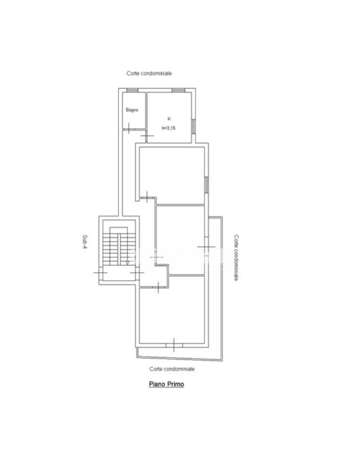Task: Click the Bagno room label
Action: coord(132,110)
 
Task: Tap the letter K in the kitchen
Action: coord(169,119)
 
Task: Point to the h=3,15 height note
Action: coord(169,128)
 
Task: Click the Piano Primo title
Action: coord(166,384)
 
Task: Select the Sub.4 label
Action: coord(85,242)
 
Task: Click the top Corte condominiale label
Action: coord(149,73)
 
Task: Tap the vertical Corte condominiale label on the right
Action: coord(237,258)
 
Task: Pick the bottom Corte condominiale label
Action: coord(172,369)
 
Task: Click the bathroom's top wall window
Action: coord(132,90)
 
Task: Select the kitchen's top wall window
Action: coord(178,90)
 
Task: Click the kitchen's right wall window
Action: coord(193,126)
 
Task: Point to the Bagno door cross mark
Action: coord(129,128)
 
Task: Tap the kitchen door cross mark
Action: coord(147,136)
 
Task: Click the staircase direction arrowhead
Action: coord(128,263)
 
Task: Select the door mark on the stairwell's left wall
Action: coord(100,273)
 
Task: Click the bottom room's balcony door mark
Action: coord(174,345)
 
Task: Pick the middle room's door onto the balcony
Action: coord(206,247)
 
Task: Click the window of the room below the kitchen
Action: coord(206,185)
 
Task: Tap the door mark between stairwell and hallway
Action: coord(137,273)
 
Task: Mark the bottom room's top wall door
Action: coord(158,287)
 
